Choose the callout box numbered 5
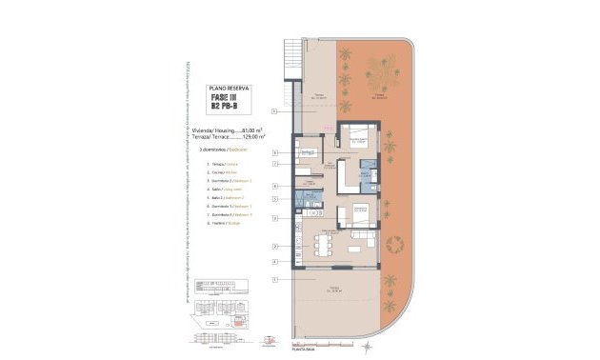pyautogui.click(x=274, y=199)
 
